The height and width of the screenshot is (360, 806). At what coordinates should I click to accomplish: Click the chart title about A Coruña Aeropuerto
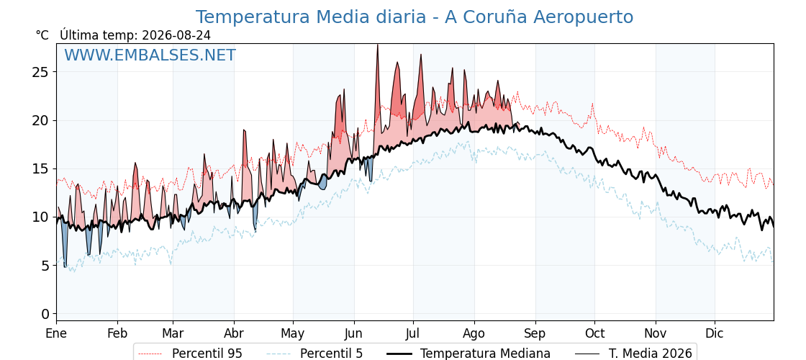(x=415, y=17)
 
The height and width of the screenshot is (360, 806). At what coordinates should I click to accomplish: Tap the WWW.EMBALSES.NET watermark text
(x=150, y=55)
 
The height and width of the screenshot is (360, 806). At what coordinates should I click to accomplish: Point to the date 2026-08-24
(x=176, y=35)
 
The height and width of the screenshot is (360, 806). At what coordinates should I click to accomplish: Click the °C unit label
(x=42, y=35)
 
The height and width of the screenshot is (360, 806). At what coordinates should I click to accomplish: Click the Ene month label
(x=57, y=333)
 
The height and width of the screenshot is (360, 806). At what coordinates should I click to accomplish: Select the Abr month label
(x=234, y=333)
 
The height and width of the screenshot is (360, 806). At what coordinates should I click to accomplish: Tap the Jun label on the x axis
(x=353, y=333)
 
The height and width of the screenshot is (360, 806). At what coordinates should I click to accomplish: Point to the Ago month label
(x=474, y=333)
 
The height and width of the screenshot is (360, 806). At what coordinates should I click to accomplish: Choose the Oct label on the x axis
(x=594, y=333)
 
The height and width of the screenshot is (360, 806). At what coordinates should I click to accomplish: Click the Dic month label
(x=715, y=333)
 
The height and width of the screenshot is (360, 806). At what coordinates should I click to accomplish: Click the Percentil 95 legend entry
(x=190, y=354)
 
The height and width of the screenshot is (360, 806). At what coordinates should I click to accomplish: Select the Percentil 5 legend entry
(x=314, y=354)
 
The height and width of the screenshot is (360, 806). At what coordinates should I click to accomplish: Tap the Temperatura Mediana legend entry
(x=468, y=354)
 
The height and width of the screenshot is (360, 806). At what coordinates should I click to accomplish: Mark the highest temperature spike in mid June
(x=377, y=45)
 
